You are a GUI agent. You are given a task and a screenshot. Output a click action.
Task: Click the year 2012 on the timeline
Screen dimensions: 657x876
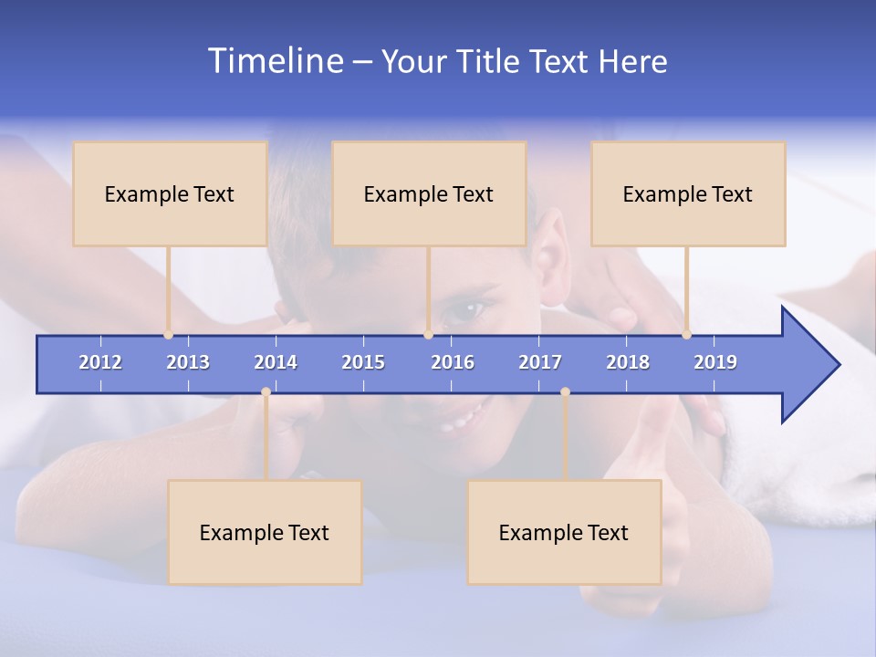click(100, 362)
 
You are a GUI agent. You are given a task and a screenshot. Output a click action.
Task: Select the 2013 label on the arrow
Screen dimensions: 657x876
click(188, 362)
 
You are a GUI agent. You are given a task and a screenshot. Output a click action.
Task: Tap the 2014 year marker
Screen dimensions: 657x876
click(276, 362)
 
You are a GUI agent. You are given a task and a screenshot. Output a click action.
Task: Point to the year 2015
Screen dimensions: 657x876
click(363, 362)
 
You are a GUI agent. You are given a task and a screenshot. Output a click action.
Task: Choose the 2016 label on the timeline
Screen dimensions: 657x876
click(453, 362)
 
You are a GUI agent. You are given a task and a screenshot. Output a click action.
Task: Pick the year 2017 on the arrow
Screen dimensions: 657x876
click(540, 362)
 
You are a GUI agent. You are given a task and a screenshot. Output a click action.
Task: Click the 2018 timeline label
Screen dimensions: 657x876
click(628, 362)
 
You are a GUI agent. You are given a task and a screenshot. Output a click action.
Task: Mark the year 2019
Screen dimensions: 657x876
click(715, 362)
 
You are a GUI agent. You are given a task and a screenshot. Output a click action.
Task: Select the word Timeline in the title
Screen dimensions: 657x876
click(276, 61)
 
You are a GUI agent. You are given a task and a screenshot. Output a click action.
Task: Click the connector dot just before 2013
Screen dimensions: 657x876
click(168, 335)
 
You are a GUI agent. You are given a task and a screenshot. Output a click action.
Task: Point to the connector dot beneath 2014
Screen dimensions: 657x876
click(266, 392)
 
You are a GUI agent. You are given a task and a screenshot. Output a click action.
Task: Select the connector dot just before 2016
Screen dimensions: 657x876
click(428, 335)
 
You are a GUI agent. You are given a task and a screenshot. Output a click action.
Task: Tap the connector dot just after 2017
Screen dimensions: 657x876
click(565, 392)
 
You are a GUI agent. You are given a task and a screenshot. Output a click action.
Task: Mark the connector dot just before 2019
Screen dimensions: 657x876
click(686, 335)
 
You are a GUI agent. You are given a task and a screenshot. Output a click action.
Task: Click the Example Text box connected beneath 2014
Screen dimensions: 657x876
click(265, 532)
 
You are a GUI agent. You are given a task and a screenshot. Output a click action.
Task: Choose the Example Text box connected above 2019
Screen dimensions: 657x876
click(688, 193)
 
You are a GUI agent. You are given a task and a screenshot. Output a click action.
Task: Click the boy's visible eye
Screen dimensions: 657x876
click(466, 310)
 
